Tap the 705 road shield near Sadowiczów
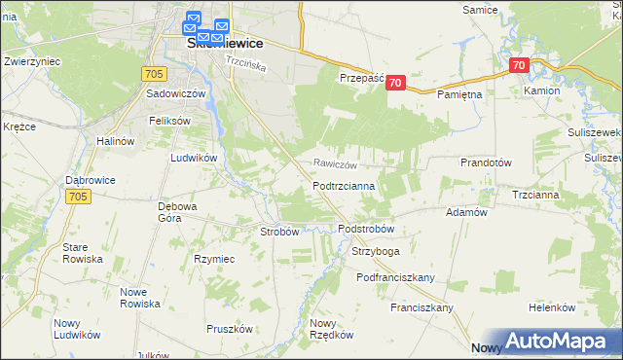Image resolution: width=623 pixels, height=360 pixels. (153, 73)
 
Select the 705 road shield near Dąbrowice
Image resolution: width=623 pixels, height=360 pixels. (81, 197)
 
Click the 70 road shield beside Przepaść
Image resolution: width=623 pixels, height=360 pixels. (394, 84)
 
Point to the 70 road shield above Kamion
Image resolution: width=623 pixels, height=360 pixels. (518, 66)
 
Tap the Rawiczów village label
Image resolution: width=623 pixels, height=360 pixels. (338, 164)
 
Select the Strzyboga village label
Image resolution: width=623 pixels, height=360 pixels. (376, 251)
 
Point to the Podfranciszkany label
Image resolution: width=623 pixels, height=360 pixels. (394, 277)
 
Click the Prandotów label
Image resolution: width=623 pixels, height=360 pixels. (486, 163)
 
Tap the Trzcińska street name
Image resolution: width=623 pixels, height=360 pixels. (246, 60)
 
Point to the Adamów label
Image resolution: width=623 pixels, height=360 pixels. (465, 212)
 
